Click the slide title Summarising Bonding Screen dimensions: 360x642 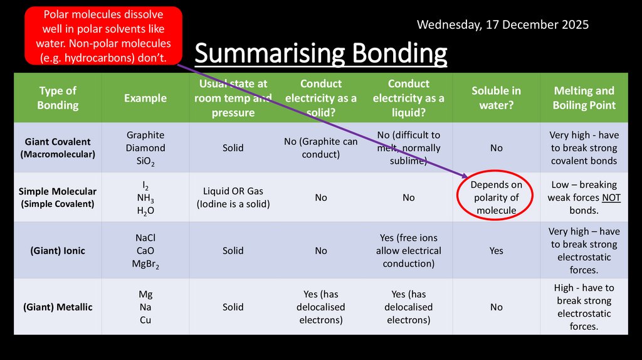(321, 54)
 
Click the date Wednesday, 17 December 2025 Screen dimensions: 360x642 (502, 25)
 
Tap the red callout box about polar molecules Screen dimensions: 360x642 (103, 36)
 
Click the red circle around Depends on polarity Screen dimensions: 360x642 (496, 198)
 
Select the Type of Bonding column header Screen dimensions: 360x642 (58, 98)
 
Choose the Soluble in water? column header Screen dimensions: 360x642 (496, 98)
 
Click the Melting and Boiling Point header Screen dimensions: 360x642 (584, 98)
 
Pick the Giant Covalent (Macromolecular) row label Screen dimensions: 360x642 (58, 147)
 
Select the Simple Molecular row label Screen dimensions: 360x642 (58, 197)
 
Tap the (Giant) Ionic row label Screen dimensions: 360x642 (58, 250)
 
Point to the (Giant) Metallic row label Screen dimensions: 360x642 (58, 307)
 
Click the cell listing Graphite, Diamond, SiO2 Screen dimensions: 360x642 (145, 147)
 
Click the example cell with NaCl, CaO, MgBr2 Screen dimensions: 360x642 (145, 250)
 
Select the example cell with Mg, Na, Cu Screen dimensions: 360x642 (145, 307)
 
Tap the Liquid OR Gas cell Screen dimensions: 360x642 (233, 197)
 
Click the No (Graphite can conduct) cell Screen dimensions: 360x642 (320, 147)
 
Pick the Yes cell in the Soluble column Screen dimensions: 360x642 (496, 250)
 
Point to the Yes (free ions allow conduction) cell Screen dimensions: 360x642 (408, 250)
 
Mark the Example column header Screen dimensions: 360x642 (145, 98)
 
